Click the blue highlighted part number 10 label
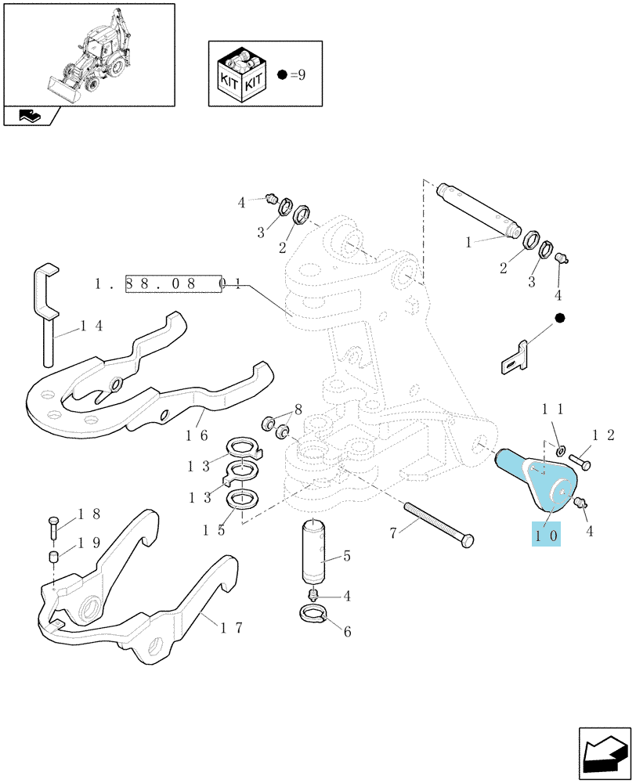click(x=546, y=536)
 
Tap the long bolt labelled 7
click(x=439, y=525)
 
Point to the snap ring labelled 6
click(x=313, y=612)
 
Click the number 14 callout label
click(x=92, y=326)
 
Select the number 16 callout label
click(x=197, y=435)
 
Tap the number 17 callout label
click(x=231, y=627)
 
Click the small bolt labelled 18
click(x=54, y=527)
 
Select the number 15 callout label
click(x=214, y=530)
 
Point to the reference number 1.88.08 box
click(x=173, y=283)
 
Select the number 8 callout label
click(x=298, y=410)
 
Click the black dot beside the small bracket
click(x=559, y=318)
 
